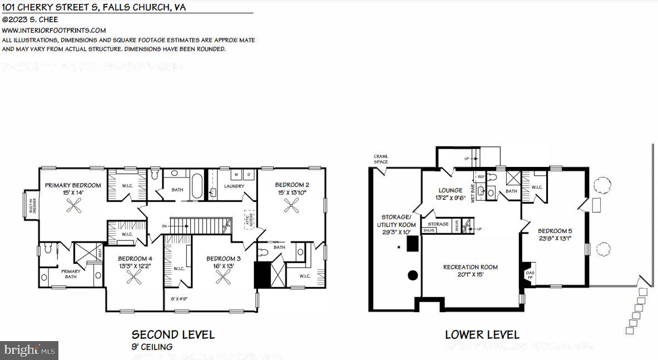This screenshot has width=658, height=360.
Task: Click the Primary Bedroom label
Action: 73,185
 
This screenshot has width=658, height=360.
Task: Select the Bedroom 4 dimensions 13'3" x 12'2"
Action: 135,266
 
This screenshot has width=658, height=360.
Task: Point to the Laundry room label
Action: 234,186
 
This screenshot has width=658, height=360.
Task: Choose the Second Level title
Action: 172,334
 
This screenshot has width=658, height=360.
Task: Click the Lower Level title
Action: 482,334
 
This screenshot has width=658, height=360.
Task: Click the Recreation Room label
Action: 470,267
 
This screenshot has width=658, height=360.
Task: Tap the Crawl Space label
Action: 381,159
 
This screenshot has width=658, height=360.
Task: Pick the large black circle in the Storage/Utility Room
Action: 413,275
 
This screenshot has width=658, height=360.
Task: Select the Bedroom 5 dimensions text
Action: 554,239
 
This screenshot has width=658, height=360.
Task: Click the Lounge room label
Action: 450,190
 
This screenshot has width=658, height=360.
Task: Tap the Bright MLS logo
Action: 29,350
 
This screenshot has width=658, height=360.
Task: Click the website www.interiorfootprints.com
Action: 54,31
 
